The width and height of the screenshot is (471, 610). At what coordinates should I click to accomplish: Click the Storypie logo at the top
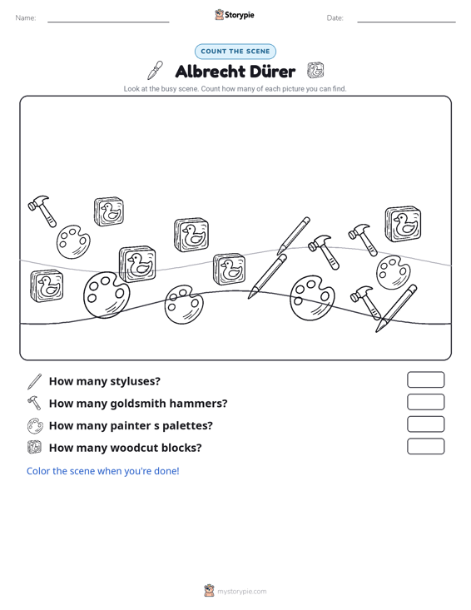tap(235, 15)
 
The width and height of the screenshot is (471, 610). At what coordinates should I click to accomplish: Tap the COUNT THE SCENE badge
tap(235, 52)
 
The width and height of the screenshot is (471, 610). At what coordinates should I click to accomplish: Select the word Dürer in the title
tap(272, 72)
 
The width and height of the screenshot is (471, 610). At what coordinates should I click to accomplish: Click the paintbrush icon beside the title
tap(155, 70)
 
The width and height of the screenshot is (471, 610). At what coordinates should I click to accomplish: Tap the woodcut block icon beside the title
tap(315, 71)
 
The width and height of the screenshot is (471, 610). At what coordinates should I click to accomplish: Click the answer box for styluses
tap(426, 379)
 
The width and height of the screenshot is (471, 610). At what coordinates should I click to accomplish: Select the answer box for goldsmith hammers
tap(426, 402)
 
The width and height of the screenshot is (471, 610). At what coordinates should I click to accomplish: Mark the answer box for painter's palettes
tap(426, 424)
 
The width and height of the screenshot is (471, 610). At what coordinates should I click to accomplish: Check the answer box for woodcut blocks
tap(426, 446)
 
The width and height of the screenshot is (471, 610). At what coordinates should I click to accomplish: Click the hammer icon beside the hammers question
tap(34, 403)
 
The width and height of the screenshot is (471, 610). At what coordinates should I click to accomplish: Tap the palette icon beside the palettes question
tap(35, 425)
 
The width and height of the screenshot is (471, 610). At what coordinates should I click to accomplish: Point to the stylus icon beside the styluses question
tap(34, 381)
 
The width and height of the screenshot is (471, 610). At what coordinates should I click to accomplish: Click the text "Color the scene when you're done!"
tap(102, 471)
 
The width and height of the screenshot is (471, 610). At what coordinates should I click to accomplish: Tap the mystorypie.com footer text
tap(241, 592)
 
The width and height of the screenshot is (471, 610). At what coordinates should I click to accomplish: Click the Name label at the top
tap(26, 18)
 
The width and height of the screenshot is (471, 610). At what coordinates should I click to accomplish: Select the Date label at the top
tap(335, 18)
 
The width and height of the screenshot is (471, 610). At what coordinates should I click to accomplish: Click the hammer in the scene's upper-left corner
tap(42, 211)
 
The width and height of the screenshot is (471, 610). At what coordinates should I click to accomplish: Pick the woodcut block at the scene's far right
tap(403, 224)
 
